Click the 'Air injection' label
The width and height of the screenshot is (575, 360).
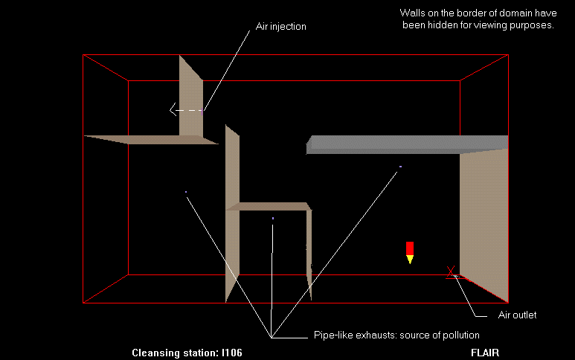[x=280, y=26]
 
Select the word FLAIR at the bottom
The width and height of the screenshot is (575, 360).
[x=484, y=352]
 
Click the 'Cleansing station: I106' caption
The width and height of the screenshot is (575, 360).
[x=187, y=352]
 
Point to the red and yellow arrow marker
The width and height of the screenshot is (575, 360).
[x=409, y=251]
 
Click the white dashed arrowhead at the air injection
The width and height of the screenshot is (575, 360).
[x=173, y=111]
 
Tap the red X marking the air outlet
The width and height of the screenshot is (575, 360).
[x=451, y=272]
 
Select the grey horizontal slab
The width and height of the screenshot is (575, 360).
[x=407, y=143]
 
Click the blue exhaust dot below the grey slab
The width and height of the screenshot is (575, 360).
[x=400, y=167]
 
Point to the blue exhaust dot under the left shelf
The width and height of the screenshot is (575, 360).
[x=186, y=192]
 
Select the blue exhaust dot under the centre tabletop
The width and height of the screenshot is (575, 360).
[x=273, y=218]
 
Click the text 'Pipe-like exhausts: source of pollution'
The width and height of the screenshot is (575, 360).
[x=396, y=335]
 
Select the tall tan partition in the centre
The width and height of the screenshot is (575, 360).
[x=232, y=216]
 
